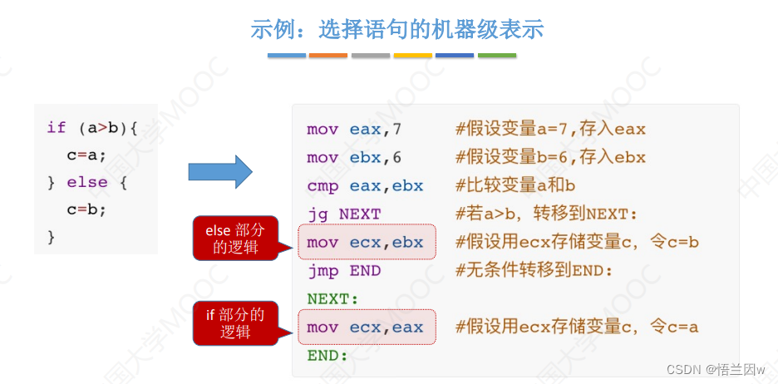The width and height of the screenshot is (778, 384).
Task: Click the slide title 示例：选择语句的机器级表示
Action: pyautogui.click(x=396, y=30)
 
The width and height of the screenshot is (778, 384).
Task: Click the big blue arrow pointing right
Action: pyautogui.click(x=219, y=171)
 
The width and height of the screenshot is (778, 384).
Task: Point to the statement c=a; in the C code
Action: pyautogui.click(x=87, y=155)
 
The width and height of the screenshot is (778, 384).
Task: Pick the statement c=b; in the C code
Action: pyautogui.click(x=87, y=209)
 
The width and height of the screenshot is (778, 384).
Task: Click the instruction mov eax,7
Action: pyautogui.click(x=354, y=129)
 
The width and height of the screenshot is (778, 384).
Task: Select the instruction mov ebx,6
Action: pyautogui.click(x=354, y=157)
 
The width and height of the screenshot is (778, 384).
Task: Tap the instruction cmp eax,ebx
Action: pyautogui.click(x=365, y=185)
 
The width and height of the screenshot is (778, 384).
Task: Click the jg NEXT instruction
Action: pyautogui.click(x=343, y=214)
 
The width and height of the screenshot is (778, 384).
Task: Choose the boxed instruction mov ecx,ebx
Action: pyautogui.click(x=365, y=243)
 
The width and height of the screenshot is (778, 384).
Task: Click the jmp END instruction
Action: pyautogui.click(x=343, y=270)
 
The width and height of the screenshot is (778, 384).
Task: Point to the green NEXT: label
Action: pyautogui.click(x=332, y=298)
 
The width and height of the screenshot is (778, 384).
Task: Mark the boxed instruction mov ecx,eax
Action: pyautogui.click(x=365, y=327)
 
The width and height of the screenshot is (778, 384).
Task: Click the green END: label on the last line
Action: pyautogui.click(x=327, y=355)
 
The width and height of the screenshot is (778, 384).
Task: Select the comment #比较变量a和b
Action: pyautogui.click(x=515, y=185)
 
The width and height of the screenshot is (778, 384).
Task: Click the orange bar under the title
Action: pyautogui.click(x=328, y=56)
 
